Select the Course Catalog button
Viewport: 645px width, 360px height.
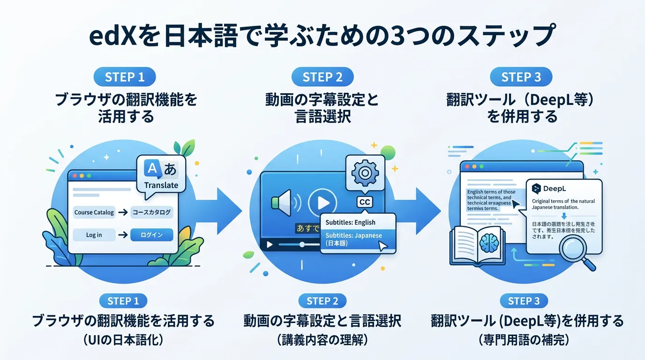point(94,212)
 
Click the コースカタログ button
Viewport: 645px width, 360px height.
point(151,212)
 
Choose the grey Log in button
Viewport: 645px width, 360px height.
point(94,235)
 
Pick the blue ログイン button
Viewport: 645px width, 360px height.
point(151,235)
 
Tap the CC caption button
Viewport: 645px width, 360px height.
point(364,202)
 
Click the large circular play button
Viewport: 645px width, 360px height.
point(322,202)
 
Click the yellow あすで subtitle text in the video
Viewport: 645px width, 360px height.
point(307,229)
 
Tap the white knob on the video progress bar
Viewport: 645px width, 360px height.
point(302,244)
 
